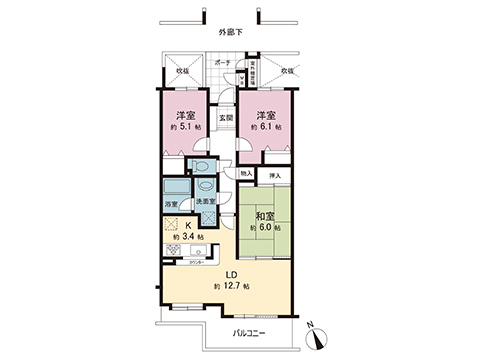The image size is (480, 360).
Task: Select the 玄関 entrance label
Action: pos(227,118)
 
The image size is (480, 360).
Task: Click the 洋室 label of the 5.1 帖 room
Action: pos(182,115)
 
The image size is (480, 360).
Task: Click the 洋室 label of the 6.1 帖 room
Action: pos(265,115)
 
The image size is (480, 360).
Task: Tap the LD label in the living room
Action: pos(230,274)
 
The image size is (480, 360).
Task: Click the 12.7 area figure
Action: pos(234,286)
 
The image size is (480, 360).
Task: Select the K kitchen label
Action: pos(188,225)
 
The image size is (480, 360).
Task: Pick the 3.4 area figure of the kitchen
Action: pos(194,236)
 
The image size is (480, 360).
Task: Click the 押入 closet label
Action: pos(277,177)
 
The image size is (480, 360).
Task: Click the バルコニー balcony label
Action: pos(250,331)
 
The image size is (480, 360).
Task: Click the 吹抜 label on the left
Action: pos(183,71)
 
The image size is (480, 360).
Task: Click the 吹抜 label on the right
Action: pos(288,71)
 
